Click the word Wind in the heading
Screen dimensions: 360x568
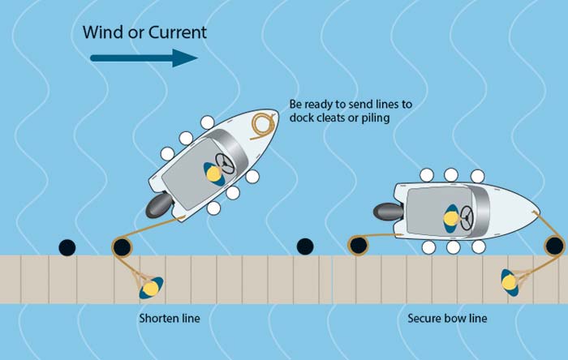pyautogui.click(x=102, y=32)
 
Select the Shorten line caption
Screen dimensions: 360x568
pyautogui.click(x=169, y=319)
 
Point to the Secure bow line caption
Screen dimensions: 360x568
pyautogui.click(x=447, y=319)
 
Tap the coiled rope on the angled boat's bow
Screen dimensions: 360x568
pyautogui.click(x=262, y=125)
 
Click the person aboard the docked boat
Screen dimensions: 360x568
pyautogui.click(x=450, y=216)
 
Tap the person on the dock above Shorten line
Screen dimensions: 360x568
pyautogui.click(x=150, y=286)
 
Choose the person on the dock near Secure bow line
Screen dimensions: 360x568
pyautogui.click(x=510, y=281)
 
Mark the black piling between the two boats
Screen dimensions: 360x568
pyautogui.click(x=305, y=246)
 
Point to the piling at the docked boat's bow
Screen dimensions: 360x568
pyautogui.click(x=554, y=245)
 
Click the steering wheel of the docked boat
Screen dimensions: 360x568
pyautogui.click(x=466, y=216)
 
